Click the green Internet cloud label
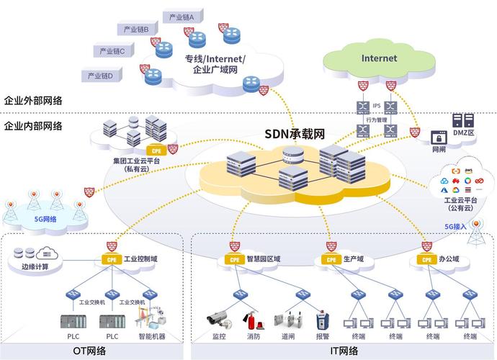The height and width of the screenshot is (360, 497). point(379,58)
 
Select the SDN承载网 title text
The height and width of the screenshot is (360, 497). point(295,133)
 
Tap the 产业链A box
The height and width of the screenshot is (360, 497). point(183,15)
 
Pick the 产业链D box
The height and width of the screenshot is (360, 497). point(100,75)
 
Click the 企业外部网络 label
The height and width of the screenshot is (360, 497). point(32,101)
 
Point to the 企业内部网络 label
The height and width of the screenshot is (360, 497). point(32,126)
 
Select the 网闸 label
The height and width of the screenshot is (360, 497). point(439,150)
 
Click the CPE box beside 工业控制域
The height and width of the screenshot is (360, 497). point(110,258)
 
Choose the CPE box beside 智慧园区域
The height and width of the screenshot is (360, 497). point(233,259)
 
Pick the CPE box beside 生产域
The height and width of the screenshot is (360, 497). point(331,259)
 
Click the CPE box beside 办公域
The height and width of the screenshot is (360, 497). point(426,259)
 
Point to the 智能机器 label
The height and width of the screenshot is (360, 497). point(152,336)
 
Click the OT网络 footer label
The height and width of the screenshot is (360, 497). point(90,351)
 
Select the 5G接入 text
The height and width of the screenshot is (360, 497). point(455,226)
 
